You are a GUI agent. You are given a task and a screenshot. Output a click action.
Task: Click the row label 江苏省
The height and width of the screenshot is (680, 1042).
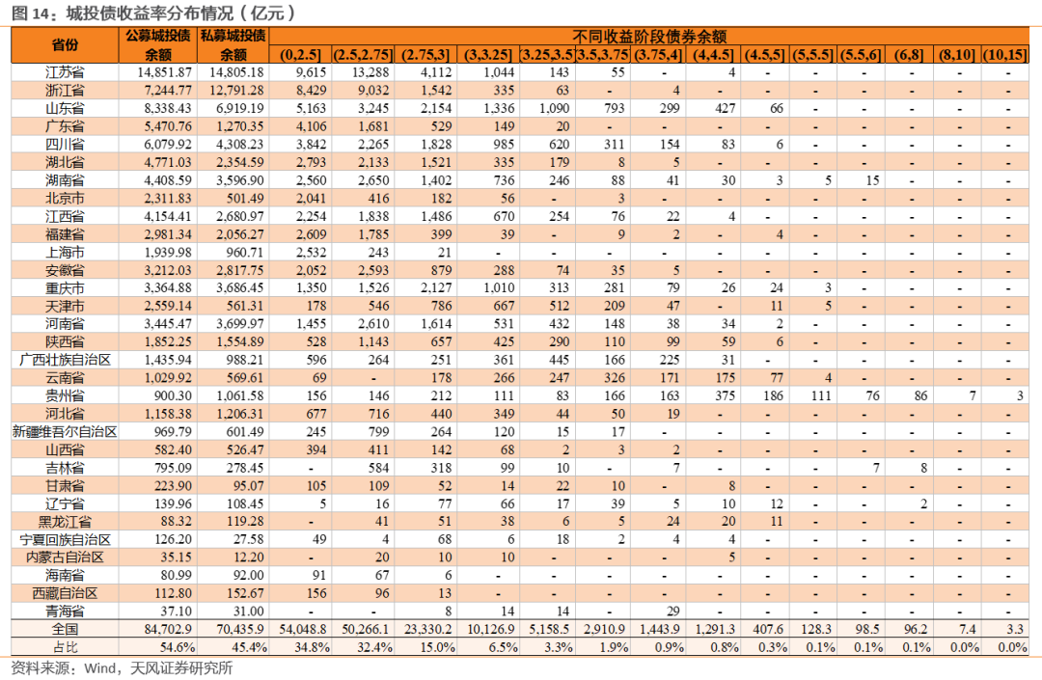pyautogui.click(x=65, y=72)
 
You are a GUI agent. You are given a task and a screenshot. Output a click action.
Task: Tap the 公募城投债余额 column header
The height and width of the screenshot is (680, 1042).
pyautogui.click(x=158, y=44)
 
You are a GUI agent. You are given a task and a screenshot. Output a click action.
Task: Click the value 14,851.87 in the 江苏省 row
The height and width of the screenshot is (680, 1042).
pyautogui.click(x=164, y=72)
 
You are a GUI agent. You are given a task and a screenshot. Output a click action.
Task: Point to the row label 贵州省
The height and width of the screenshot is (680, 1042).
pyautogui.click(x=65, y=395)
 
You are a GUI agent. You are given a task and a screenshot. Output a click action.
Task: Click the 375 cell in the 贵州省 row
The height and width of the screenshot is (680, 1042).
pyautogui.click(x=725, y=395)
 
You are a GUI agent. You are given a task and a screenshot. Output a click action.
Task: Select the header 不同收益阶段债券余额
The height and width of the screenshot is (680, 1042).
pyautogui.click(x=649, y=37)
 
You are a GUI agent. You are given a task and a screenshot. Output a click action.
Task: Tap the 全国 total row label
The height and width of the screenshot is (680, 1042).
pyautogui.click(x=65, y=629)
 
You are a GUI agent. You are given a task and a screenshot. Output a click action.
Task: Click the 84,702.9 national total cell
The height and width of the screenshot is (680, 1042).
pyautogui.click(x=168, y=629)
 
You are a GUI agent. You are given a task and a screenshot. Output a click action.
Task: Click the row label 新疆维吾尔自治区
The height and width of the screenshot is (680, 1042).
pyautogui.click(x=65, y=432)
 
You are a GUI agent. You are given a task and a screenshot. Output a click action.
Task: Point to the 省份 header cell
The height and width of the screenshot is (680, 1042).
pyautogui.click(x=65, y=45)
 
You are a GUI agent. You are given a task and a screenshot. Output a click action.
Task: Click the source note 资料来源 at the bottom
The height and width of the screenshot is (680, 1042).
pyautogui.click(x=122, y=668)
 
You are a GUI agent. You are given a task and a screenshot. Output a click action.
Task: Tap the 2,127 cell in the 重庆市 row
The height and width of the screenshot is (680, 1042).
pyautogui.click(x=435, y=288)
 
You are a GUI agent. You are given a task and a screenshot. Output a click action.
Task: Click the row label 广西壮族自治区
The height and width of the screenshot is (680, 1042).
pyautogui.click(x=65, y=360)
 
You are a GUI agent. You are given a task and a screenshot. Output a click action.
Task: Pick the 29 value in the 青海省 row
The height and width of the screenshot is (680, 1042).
pyautogui.click(x=672, y=611)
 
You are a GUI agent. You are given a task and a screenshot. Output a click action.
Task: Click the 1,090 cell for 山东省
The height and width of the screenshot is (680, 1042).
pyautogui.click(x=554, y=108)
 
